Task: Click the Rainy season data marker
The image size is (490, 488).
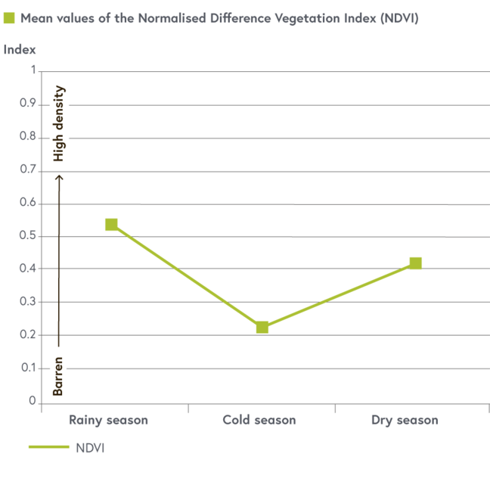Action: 111,225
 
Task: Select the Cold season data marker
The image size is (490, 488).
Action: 262,328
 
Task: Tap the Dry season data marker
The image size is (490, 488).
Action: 415,263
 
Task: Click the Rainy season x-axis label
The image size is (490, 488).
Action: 108,420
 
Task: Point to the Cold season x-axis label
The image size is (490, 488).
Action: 259,420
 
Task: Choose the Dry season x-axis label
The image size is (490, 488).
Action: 405,420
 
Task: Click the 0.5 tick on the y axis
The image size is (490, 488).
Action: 28,236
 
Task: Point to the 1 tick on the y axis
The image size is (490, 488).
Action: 33,70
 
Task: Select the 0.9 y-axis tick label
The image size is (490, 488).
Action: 28,104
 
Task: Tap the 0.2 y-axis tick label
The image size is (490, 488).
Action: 28,335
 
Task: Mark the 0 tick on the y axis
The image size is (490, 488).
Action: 33,401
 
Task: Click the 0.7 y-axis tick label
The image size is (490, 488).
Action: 28,170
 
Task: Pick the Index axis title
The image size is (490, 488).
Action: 20,50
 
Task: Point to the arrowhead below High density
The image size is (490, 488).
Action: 59,178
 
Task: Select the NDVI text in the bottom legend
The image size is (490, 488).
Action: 90,447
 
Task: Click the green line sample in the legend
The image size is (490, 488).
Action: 48,447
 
